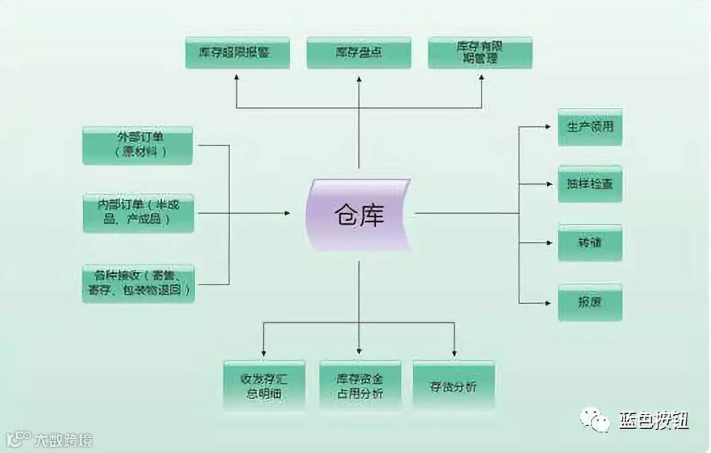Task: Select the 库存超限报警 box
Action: click(237, 53)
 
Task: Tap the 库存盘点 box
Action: click(358, 53)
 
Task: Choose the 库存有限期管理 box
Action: click(480, 53)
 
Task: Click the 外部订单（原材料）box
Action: click(138, 145)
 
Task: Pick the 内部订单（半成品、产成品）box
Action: click(138, 213)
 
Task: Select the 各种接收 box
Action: click(138, 284)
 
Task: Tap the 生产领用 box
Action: click(590, 127)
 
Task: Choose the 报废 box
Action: click(590, 302)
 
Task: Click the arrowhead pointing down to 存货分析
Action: click(454, 353)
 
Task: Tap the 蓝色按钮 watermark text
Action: click(653, 421)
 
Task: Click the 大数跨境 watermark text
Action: click(63, 441)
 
